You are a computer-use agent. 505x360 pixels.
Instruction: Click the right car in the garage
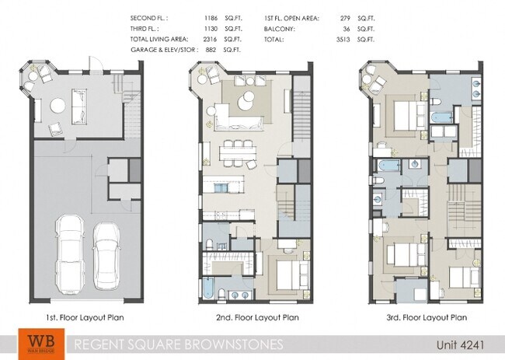pyautogui.click(x=107, y=253)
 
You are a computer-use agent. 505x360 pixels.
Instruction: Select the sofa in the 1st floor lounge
pyautogui.click(x=80, y=106)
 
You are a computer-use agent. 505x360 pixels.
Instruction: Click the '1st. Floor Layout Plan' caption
pyautogui.click(x=83, y=317)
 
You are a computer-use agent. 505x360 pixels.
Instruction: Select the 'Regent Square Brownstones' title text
pyautogui.click(x=178, y=344)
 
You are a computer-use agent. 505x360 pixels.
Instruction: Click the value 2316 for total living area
pyautogui.click(x=209, y=38)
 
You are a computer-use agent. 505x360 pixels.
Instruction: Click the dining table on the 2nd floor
pyautogui.click(x=236, y=152)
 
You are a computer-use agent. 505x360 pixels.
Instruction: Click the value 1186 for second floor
pyautogui.click(x=209, y=16)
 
